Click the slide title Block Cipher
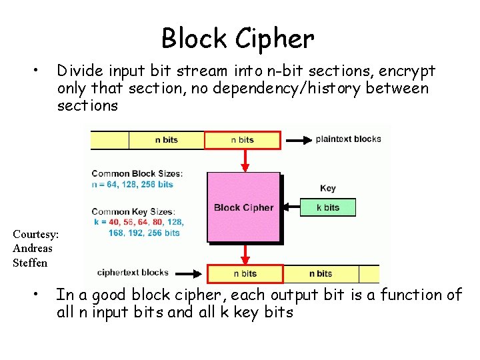pos(238,39)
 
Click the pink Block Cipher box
pos(244,207)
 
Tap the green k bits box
pos(328,207)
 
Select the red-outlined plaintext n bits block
pos(243,140)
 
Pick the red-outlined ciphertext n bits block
pos(245,274)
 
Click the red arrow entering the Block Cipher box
pos(245,161)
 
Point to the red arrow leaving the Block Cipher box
pos(245,253)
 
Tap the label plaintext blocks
pos(349,139)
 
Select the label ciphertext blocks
pos(133,273)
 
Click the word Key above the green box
pos(328,188)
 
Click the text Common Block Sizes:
pos(137,173)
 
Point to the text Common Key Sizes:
pos(133,211)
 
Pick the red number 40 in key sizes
pos(114,222)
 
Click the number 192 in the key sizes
pos(135,233)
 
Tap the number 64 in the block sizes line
pos(112,184)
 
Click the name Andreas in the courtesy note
pos(33,248)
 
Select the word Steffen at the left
pos(30,263)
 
